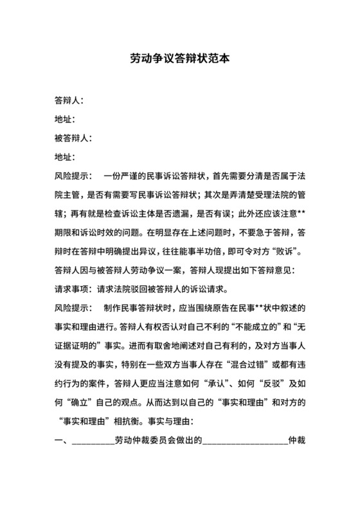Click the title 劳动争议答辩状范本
click(179, 58)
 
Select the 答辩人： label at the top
click(69, 100)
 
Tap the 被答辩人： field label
click(74, 138)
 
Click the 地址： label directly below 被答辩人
click(66, 156)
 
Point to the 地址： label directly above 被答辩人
click(66, 119)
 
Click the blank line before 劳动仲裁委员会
click(93, 442)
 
